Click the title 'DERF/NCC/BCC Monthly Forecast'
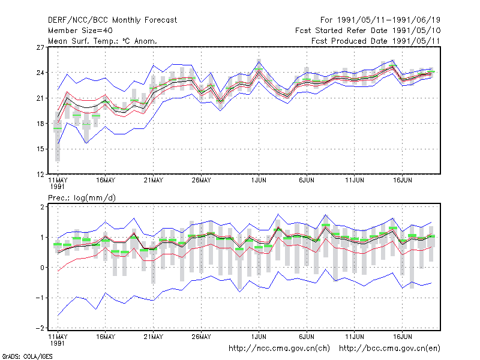pyautogui.click(x=112, y=20)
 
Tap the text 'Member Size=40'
pyautogui.click(x=80, y=31)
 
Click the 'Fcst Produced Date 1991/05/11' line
pyautogui.click(x=376, y=41)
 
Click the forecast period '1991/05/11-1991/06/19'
pyautogui.click(x=388, y=20)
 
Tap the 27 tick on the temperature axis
pyautogui.click(x=40, y=47)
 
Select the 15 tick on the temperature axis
pyautogui.click(x=40, y=149)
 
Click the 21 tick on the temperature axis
pyautogui.click(x=40, y=98)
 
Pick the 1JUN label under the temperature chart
pyautogui.click(x=259, y=181)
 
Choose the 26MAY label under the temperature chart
pyautogui.click(x=201, y=181)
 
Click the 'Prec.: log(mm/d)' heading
pyautogui.click(x=82, y=198)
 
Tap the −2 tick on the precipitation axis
pyautogui.click(x=40, y=328)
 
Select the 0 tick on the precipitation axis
pyautogui.click(x=42, y=268)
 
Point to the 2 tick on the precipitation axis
pyautogui.click(x=42, y=207)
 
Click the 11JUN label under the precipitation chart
pyautogui.click(x=355, y=337)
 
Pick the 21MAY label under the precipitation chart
pyautogui.click(x=154, y=337)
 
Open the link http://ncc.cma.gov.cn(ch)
pyautogui.click(x=279, y=349)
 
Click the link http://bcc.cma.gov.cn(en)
pyautogui.click(x=389, y=349)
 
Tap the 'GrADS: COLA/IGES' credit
pyautogui.click(x=27, y=356)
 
